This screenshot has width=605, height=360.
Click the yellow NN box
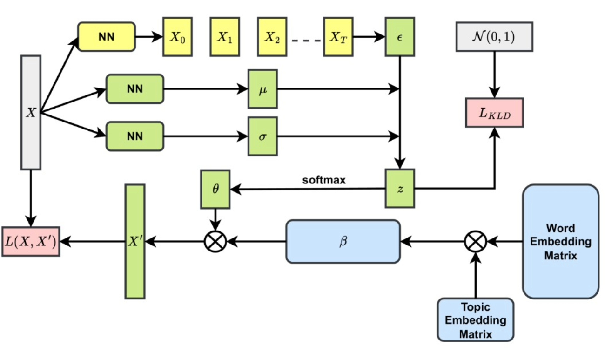pos(106,37)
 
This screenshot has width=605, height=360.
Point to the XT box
pos(338,37)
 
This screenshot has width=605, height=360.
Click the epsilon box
pos(399,37)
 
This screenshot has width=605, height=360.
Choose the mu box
pos(262,88)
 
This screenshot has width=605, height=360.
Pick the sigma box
pos(262,137)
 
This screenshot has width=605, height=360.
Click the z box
pos(399,188)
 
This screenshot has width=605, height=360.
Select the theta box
pos(215,190)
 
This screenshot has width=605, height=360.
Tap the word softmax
pos(324,180)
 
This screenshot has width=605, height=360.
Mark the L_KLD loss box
pos(494,113)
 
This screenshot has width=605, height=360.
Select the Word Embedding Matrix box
pos(560,241)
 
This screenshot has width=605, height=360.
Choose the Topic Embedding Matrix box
pos(475,320)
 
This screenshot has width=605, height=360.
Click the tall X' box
pos(135,241)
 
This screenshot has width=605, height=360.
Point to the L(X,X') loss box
pos(31,241)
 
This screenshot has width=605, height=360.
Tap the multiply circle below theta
pos(215,241)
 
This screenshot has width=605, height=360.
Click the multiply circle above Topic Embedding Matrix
pos(475,241)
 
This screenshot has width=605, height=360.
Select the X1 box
pos(224,37)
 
